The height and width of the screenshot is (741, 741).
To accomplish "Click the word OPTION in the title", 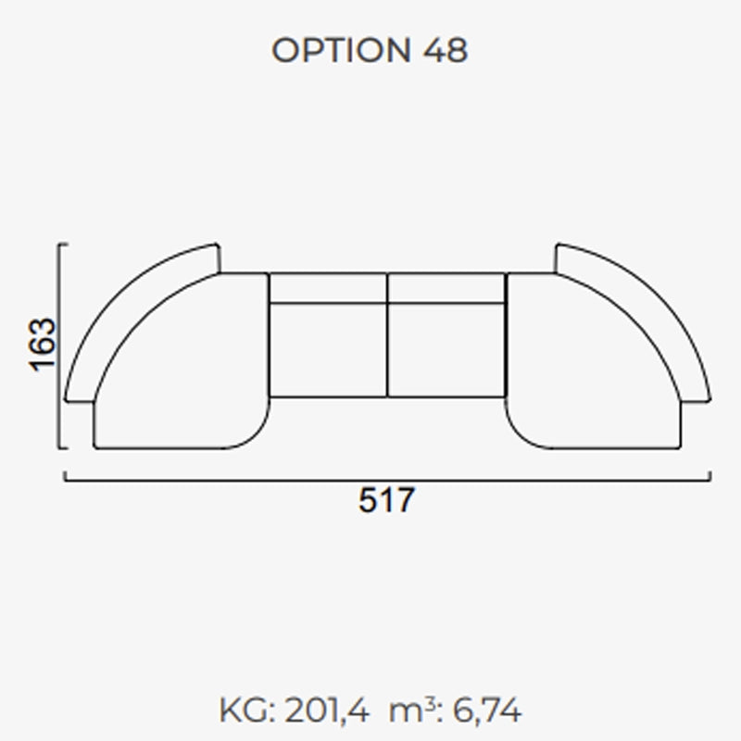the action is [341, 50].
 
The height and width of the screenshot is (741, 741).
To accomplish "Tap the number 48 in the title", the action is [446, 50].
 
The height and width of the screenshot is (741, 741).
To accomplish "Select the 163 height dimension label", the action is [43, 345].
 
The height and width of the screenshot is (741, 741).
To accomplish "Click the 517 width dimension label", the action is [386, 500].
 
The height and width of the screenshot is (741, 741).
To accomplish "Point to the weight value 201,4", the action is [326, 710].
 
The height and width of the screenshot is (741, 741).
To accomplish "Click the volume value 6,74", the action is [487, 710].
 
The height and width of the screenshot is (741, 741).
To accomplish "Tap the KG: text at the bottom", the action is [247, 710].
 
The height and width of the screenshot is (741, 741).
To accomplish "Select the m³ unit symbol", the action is [411, 710].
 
